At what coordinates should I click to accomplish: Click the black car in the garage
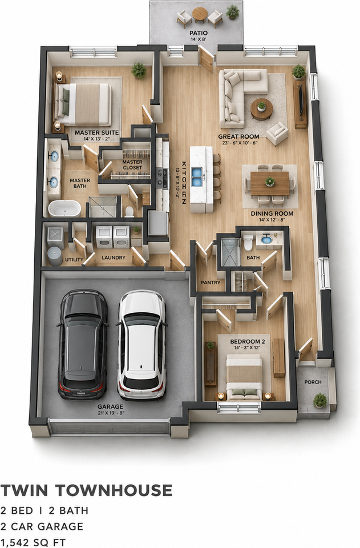point(82,344)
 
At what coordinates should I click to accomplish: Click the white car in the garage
point(141,345)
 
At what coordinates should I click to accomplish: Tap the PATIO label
point(199,33)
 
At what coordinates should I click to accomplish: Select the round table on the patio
point(200,14)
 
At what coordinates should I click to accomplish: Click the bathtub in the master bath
point(64,209)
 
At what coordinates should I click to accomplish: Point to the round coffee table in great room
point(261,108)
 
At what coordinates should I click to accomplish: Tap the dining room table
point(269,183)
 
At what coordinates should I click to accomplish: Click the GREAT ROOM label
point(239,136)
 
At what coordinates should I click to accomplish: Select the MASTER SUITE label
point(97,133)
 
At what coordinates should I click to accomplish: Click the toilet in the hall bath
point(248,242)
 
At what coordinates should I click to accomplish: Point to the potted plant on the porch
point(320,401)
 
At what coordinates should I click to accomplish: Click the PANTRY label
point(211,282)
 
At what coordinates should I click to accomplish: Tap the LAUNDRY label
point(114,257)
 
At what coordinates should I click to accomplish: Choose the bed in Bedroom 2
point(244,377)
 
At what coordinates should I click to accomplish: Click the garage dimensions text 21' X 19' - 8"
point(110,413)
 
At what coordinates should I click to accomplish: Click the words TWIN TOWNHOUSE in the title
point(86,490)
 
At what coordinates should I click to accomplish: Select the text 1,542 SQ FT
point(33,542)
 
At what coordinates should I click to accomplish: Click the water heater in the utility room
point(55,256)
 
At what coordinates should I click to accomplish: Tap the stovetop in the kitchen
point(163,178)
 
